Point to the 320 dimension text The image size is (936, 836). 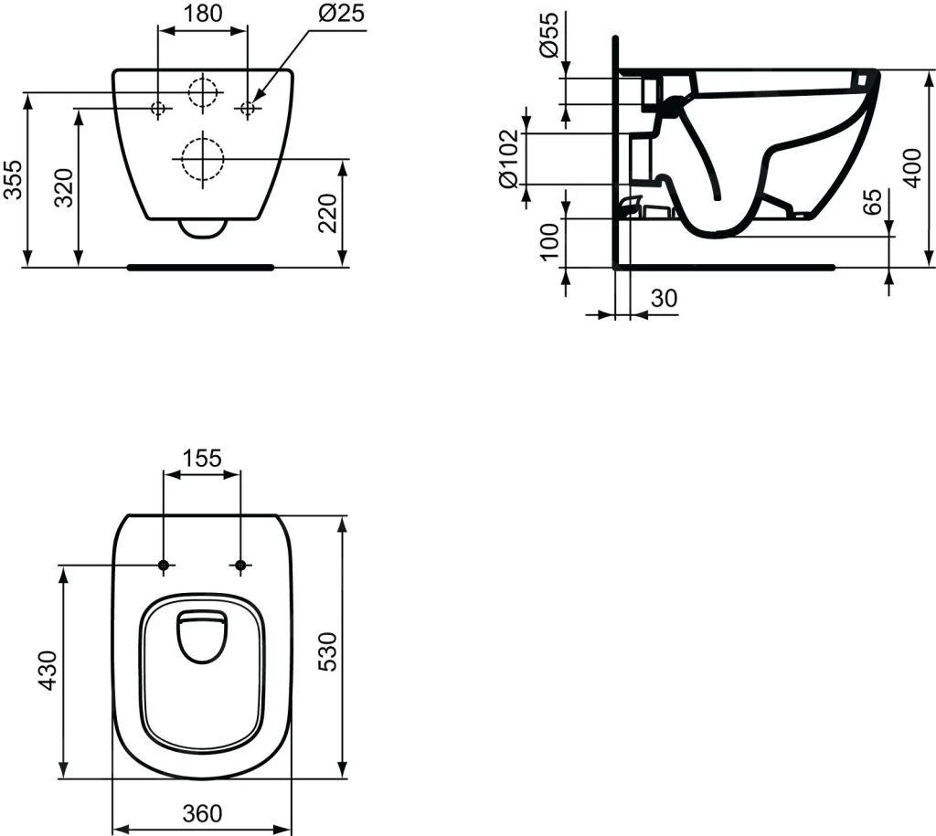click(65, 188)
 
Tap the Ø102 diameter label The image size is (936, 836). click(511, 160)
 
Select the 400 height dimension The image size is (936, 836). click(911, 166)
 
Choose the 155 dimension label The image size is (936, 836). click(201, 458)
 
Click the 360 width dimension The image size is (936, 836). click(202, 812)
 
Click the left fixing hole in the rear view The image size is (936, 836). click(158, 109)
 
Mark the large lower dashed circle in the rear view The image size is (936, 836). click(201, 159)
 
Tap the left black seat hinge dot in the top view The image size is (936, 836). click(164, 566)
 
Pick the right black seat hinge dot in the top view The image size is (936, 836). click(240, 566)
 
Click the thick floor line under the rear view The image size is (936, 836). click(201, 268)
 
